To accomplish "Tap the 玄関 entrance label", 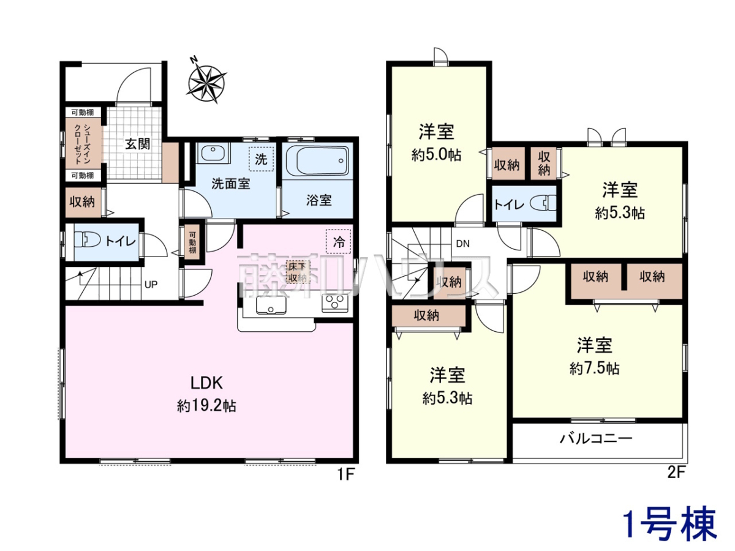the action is [137, 144].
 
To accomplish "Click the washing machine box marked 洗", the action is [261, 159].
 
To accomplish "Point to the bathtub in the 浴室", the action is [317, 160].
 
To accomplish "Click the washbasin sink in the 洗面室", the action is [213, 154].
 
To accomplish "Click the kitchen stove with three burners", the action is [335, 304].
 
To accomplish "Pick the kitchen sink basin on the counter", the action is [271, 305].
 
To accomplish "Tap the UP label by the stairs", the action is [151, 285].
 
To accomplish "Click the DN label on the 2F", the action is [463, 244].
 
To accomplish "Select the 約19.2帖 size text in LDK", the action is [206, 406].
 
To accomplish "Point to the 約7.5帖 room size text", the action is [594, 368].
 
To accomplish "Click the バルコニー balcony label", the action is [596, 438].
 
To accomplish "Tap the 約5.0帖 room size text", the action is [436, 155].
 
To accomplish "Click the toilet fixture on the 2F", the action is [543, 203].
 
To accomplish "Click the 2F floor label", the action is [676, 474].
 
